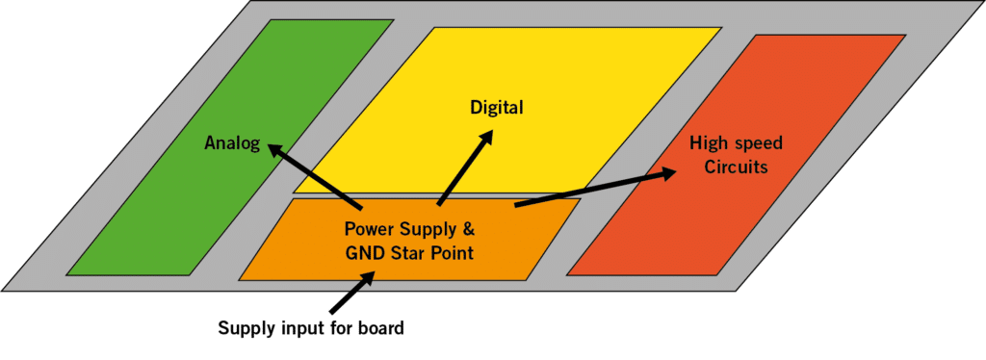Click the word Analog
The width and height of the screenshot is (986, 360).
tap(232, 143)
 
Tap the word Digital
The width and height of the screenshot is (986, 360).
tap(496, 107)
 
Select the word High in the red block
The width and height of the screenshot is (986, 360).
tap(708, 143)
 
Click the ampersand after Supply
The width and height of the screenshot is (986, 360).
tap(468, 232)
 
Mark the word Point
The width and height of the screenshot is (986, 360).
tap(454, 254)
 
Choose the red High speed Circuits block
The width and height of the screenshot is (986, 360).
tap(674, 231)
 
